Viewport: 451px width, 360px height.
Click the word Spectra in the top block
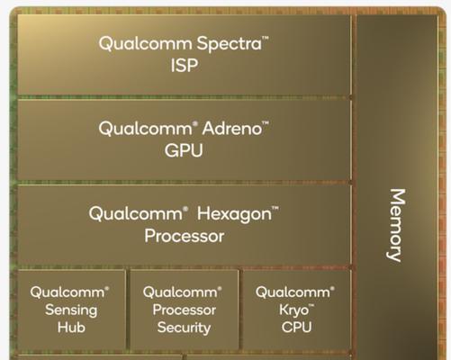229,44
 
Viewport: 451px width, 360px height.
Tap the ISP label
185,65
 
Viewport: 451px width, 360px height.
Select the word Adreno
232,129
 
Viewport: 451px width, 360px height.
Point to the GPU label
184,150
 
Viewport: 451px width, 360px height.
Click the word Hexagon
234,215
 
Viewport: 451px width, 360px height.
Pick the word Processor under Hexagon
185,236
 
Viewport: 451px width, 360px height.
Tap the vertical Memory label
396,225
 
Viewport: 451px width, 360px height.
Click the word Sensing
71,310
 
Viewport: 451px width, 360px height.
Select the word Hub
71,328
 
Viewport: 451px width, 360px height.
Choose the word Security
184,328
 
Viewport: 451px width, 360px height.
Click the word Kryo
293,310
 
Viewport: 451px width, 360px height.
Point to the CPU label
296,328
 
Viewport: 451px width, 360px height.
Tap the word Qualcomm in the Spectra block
145,44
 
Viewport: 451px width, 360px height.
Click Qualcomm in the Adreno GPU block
145,129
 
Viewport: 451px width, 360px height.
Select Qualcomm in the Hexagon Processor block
136,214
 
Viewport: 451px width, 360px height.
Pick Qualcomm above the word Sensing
68,292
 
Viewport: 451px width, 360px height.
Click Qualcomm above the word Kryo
293,292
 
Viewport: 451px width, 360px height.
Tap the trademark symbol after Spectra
266,38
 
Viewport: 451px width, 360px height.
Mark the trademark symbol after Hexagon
275,208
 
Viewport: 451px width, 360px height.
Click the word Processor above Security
184,310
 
